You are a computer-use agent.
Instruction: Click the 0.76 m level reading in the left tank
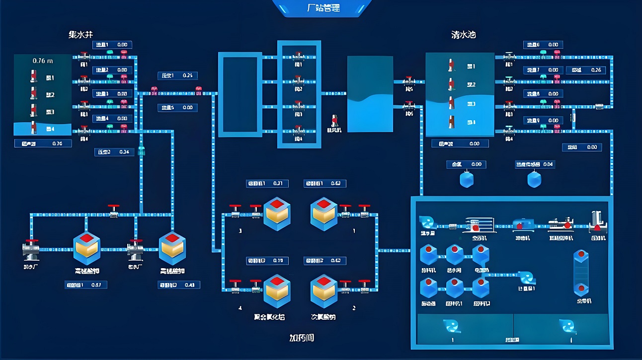click(43, 61)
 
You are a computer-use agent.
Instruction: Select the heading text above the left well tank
click(80, 35)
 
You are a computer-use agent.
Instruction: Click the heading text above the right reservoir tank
click(464, 35)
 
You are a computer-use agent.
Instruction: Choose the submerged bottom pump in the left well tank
click(34, 128)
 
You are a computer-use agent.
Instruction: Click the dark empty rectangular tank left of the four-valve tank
click(241, 94)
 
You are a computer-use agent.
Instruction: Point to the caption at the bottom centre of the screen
click(302, 338)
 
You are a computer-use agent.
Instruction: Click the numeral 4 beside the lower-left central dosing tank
click(241, 308)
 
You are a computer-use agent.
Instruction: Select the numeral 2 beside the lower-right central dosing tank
click(354, 308)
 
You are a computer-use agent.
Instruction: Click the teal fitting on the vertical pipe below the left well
click(141, 150)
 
